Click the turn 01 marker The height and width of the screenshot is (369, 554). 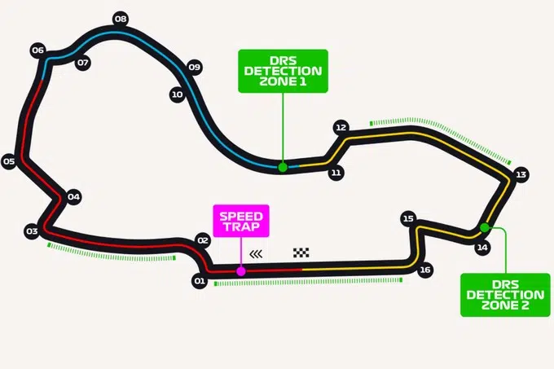[x=200, y=281]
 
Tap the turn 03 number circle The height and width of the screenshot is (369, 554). [x=32, y=231]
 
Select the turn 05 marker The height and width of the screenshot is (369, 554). [x=9, y=162]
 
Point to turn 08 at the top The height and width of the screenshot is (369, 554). [x=121, y=19]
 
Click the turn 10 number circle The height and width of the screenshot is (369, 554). [x=178, y=94]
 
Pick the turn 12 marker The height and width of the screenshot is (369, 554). [x=341, y=127]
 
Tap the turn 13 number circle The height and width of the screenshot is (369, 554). [x=521, y=174]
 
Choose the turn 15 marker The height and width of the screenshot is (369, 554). [x=408, y=218]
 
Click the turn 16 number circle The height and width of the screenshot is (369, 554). [x=425, y=270]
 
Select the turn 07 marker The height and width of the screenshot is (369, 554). [x=83, y=63]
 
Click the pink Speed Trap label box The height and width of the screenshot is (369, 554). [x=241, y=221]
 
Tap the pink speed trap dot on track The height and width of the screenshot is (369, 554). [x=241, y=271]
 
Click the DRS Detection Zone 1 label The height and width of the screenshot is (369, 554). [x=283, y=72]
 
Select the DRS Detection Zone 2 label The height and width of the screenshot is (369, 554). [x=505, y=295]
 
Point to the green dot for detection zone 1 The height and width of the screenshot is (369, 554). [x=283, y=167]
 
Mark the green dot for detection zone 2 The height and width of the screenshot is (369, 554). [x=485, y=228]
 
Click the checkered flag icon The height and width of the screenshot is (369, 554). [x=301, y=253]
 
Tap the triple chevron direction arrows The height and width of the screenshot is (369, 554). [x=256, y=254]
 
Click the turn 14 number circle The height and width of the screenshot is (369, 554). [x=482, y=248]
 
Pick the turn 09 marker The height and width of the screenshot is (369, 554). [x=195, y=67]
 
